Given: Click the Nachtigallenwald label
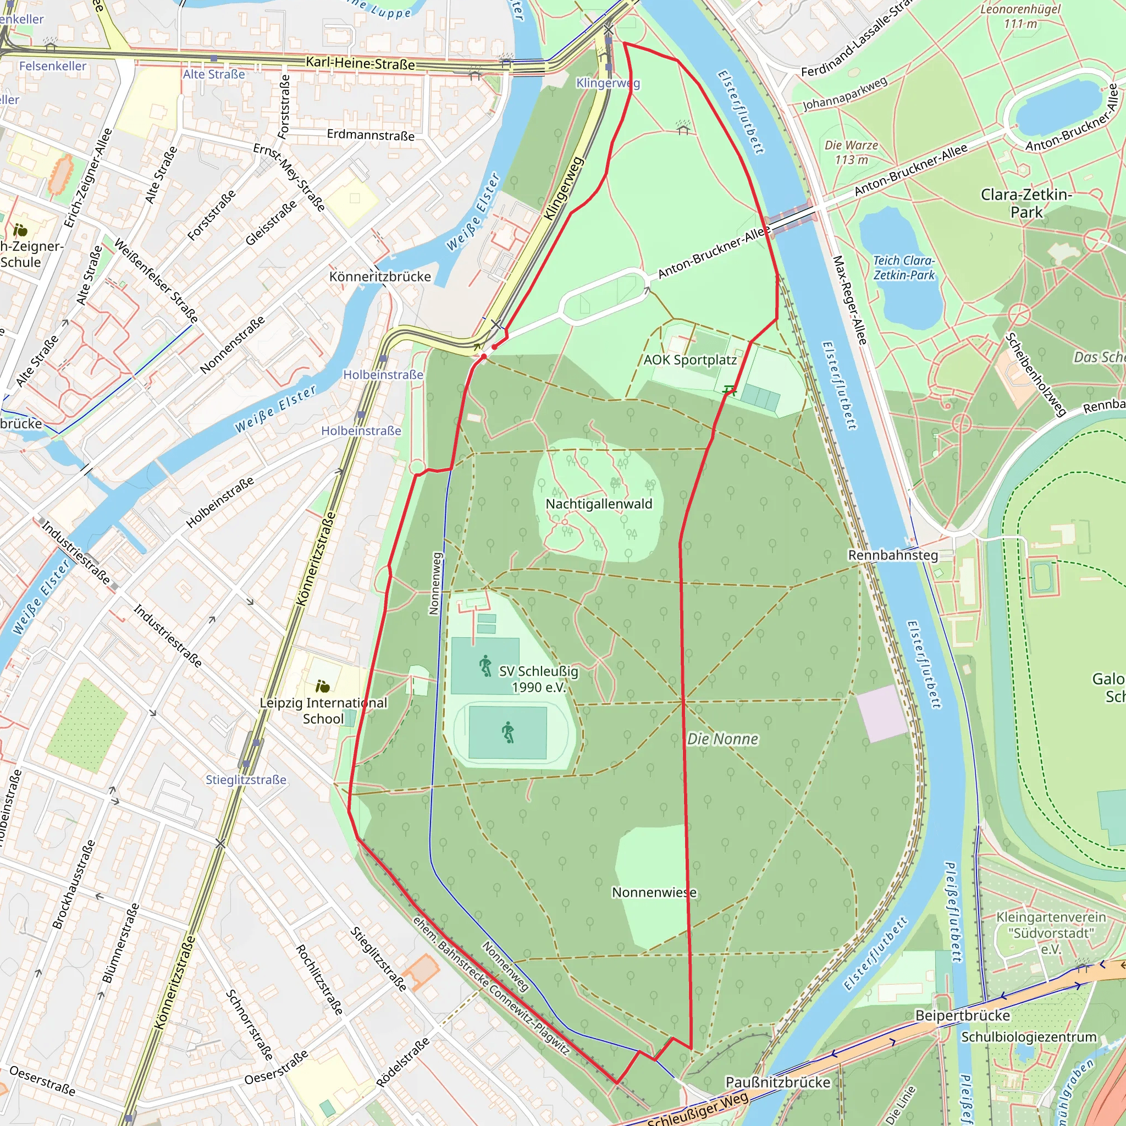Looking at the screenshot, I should (599, 504).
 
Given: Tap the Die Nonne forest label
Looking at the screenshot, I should (722, 739).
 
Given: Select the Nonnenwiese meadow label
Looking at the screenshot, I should (654, 892).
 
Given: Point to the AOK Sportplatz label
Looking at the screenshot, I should (690, 360).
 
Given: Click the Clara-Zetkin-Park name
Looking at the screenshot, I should (1026, 203).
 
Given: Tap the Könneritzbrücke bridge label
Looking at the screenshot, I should (380, 276).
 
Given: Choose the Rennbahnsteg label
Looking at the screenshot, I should (893, 555).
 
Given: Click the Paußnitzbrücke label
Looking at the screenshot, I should (777, 1081).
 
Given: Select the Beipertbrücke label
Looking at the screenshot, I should (962, 1015).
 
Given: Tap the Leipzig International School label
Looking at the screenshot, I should (323, 710).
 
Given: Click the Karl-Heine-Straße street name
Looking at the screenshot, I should (360, 63).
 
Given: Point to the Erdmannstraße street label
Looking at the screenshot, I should (371, 135).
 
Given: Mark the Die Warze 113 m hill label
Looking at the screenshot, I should (851, 152).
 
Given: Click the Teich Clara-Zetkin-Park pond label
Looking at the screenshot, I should (903, 268).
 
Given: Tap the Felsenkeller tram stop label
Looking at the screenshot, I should (52, 66).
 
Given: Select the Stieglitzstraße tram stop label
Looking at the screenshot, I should (246, 780).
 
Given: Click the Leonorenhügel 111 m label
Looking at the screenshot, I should (1020, 16).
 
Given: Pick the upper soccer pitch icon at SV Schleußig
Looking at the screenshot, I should (485, 665).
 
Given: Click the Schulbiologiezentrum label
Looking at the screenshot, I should (1029, 1037).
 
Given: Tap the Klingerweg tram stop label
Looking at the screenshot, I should (608, 83).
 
